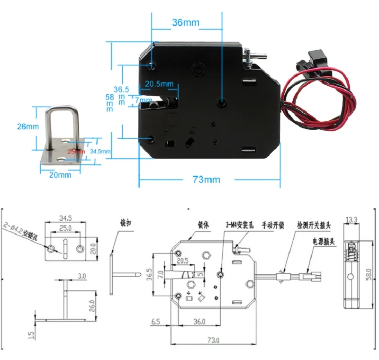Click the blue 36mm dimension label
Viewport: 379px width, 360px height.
pos(186,22)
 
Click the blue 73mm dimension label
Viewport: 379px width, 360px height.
pos(206,180)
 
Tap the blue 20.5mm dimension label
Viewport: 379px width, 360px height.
pos(159,84)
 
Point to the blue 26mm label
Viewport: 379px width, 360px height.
pos(27,126)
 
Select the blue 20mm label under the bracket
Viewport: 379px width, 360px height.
pos(60,175)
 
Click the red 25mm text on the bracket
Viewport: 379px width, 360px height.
pos(76,151)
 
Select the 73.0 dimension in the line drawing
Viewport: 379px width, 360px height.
pos(214,340)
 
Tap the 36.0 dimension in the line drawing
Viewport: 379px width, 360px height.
pos(199,322)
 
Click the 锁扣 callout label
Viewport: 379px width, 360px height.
pos(126,222)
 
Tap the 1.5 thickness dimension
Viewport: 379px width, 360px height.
pos(32,335)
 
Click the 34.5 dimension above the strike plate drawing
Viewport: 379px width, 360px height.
pos(66,218)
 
